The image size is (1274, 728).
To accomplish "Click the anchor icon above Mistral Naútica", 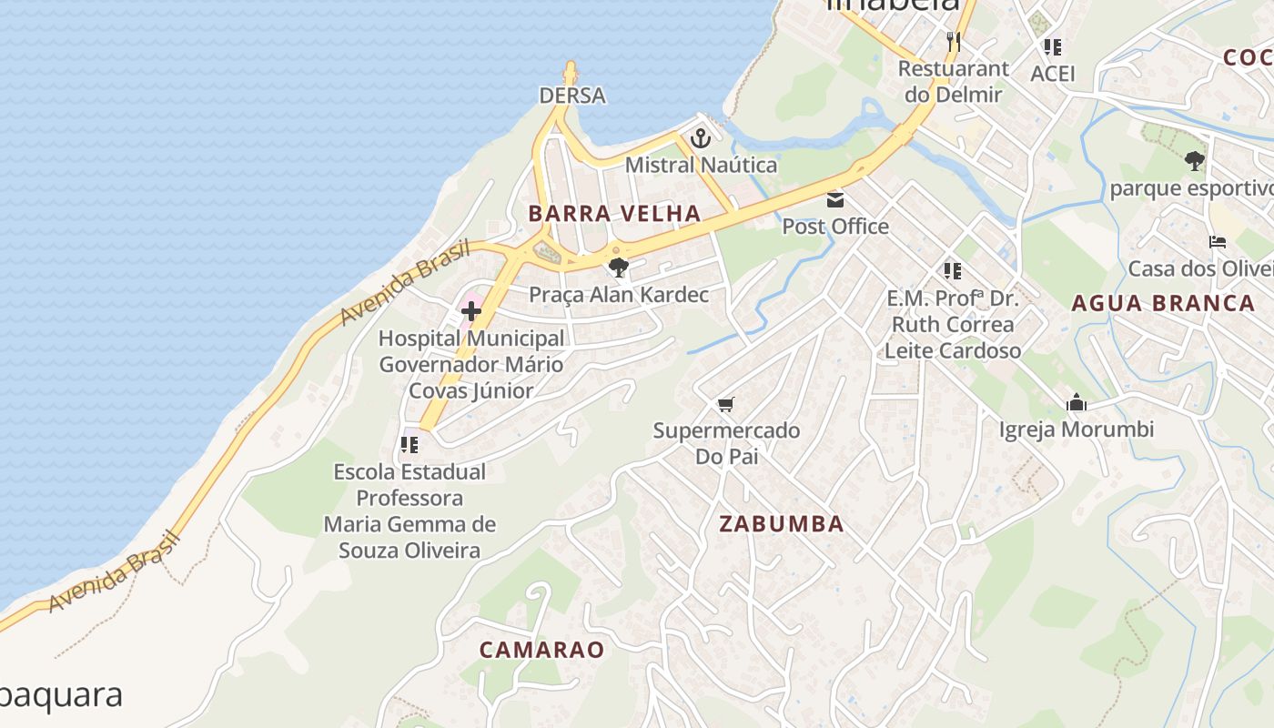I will coord(700,138).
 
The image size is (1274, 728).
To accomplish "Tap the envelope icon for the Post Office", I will coord(834,199).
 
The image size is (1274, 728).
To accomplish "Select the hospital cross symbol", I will coord(470,311).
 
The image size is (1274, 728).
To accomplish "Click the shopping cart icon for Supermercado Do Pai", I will coord(725,404).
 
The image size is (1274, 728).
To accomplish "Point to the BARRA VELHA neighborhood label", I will coord(615,214).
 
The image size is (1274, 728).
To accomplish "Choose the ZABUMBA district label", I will coord(782,524).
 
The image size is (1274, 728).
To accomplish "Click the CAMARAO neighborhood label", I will coord(541,650).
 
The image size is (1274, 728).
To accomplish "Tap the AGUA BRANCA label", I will coord(1163,304).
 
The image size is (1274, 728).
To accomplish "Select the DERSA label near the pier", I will coord(572,96).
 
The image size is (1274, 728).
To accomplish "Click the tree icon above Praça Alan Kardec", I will coord(618,268).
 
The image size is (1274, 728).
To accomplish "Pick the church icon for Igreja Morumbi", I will coord(1077,402).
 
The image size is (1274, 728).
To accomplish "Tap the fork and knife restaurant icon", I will coord(953,41).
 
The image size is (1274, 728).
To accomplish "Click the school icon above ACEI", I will coord(1053,46).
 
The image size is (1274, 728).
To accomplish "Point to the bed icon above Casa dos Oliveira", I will coord(1218,242).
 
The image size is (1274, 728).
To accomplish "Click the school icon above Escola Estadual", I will coord(409,445).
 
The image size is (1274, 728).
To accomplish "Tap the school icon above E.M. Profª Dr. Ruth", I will coord(953,270).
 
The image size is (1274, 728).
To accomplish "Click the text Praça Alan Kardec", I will coord(619,295).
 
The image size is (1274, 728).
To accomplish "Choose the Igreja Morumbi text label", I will coord(1077,430).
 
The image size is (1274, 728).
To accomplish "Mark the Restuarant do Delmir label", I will coord(953,81).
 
